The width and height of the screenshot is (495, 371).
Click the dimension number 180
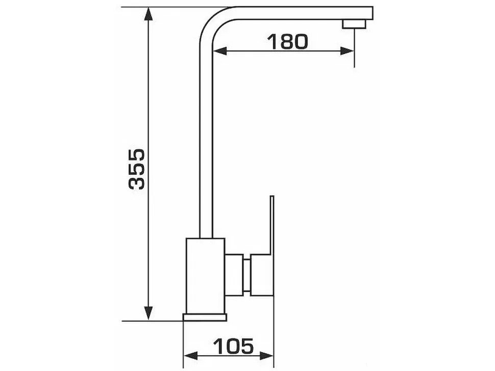(287, 42)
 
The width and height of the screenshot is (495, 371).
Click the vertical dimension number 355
(137, 169)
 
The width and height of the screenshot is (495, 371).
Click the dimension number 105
(234, 346)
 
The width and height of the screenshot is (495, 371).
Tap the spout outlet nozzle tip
(355, 24)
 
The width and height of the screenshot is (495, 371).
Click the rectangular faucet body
(206, 276)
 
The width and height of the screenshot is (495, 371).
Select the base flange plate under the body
(205, 317)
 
